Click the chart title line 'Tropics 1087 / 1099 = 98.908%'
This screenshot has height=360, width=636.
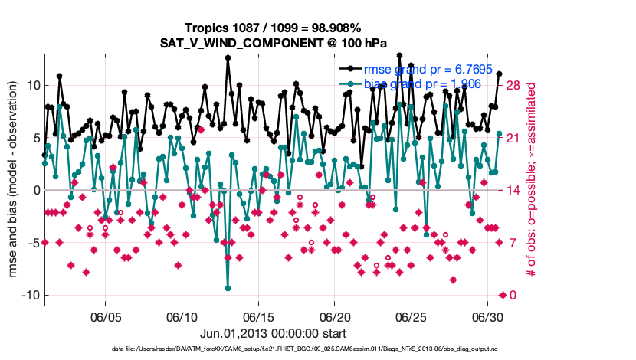point(273,28)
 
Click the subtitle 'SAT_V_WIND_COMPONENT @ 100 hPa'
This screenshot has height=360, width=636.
point(273,44)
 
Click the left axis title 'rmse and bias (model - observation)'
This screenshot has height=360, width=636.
point(12,180)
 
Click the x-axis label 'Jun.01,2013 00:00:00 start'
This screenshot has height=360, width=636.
point(273,333)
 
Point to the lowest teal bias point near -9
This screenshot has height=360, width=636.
point(228,288)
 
